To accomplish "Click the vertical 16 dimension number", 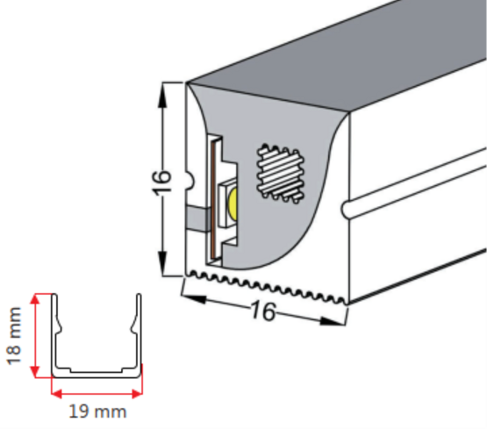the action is (161, 183).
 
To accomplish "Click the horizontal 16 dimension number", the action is (263, 311).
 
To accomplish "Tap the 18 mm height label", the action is (14, 335).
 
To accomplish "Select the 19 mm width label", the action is (97, 411).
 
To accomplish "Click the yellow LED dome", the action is (233, 203).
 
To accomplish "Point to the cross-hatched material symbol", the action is (281, 175).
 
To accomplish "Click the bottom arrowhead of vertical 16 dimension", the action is (162, 263).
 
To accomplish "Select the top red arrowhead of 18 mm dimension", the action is (35, 301).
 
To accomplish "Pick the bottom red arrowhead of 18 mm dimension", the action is (35, 370).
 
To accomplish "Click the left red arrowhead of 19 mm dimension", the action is (57, 394).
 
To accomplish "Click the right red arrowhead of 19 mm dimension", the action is (137, 394).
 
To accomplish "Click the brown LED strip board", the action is (212, 199).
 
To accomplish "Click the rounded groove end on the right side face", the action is (346, 209).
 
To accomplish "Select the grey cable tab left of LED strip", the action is (197, 218).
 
